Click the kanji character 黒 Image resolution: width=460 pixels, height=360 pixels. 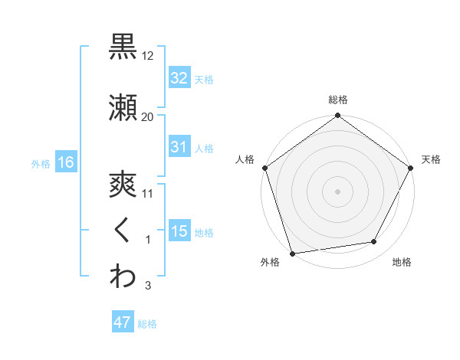point(123,47)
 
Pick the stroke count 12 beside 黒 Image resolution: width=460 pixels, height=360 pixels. point(148,57)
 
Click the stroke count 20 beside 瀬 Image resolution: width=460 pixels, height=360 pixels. point(148,116)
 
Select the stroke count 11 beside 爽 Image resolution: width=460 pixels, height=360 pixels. point(148,194)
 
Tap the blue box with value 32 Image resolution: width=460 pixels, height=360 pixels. point(179,77)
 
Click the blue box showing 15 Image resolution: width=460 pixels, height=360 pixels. point(179,231)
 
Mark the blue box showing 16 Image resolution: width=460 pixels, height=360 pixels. point(65,162)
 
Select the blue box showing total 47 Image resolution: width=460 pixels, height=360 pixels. point(123,322)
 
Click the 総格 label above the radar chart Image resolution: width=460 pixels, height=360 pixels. point(338,100)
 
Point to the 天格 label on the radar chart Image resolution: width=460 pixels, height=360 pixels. point(431,159)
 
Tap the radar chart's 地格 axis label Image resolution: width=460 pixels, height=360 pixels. point(402,262)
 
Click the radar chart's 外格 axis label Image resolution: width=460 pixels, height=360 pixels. point(270,262)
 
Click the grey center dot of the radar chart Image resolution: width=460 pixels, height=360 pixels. point(338,191)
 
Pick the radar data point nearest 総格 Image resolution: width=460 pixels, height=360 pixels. point(338,116)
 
